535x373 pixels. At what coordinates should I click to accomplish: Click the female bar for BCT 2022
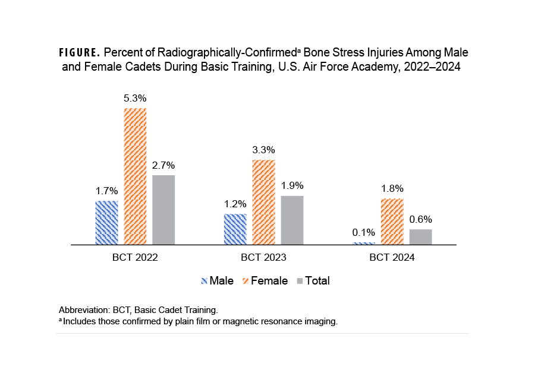click(135, 176)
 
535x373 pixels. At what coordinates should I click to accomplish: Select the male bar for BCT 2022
click(106, 223)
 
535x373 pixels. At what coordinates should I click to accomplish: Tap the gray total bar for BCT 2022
click(163, 210)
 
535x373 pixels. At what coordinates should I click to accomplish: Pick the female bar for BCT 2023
click(263, 202)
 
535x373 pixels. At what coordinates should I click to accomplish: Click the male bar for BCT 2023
click(235, 229)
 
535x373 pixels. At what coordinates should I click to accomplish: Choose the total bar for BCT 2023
click(292, 220)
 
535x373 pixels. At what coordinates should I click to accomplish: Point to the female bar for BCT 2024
click(392, 222)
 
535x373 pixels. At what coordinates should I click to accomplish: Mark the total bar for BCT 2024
click(420, 237)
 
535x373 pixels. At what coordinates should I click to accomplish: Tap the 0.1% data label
click(363, 232)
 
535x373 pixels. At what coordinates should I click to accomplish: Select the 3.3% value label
click(263, 150)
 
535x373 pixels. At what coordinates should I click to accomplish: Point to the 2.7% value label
click(163, 165)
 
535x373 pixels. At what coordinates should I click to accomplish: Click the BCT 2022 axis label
click(135, 258)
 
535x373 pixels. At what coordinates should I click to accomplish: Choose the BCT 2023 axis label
click(263, 258)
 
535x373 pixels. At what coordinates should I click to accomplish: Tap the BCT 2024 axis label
click(392, 258)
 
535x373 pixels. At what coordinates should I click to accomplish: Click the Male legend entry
click(218, 281)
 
